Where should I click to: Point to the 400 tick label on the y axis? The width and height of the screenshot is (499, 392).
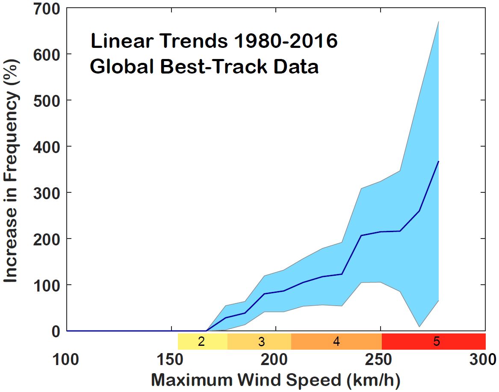tap(42, 147)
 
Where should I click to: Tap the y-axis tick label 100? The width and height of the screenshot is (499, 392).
tap(42, 285)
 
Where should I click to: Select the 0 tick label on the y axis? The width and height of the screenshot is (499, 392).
tap(54, 331)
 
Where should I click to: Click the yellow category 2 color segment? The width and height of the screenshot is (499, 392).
tap(202, 342)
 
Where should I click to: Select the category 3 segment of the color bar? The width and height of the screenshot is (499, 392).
tap(259, 342)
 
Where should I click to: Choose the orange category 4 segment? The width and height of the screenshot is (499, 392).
tap(336, 342)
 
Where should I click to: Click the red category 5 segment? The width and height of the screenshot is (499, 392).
tap(434, 342)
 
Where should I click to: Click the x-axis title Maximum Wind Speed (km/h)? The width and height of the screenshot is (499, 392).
tap(276, 380)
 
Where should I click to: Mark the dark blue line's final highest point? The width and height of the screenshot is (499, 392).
tap(439, 161)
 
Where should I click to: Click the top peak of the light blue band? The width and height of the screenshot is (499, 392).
tap(439, 21)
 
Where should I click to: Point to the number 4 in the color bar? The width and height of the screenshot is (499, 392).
tap(337, 342)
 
